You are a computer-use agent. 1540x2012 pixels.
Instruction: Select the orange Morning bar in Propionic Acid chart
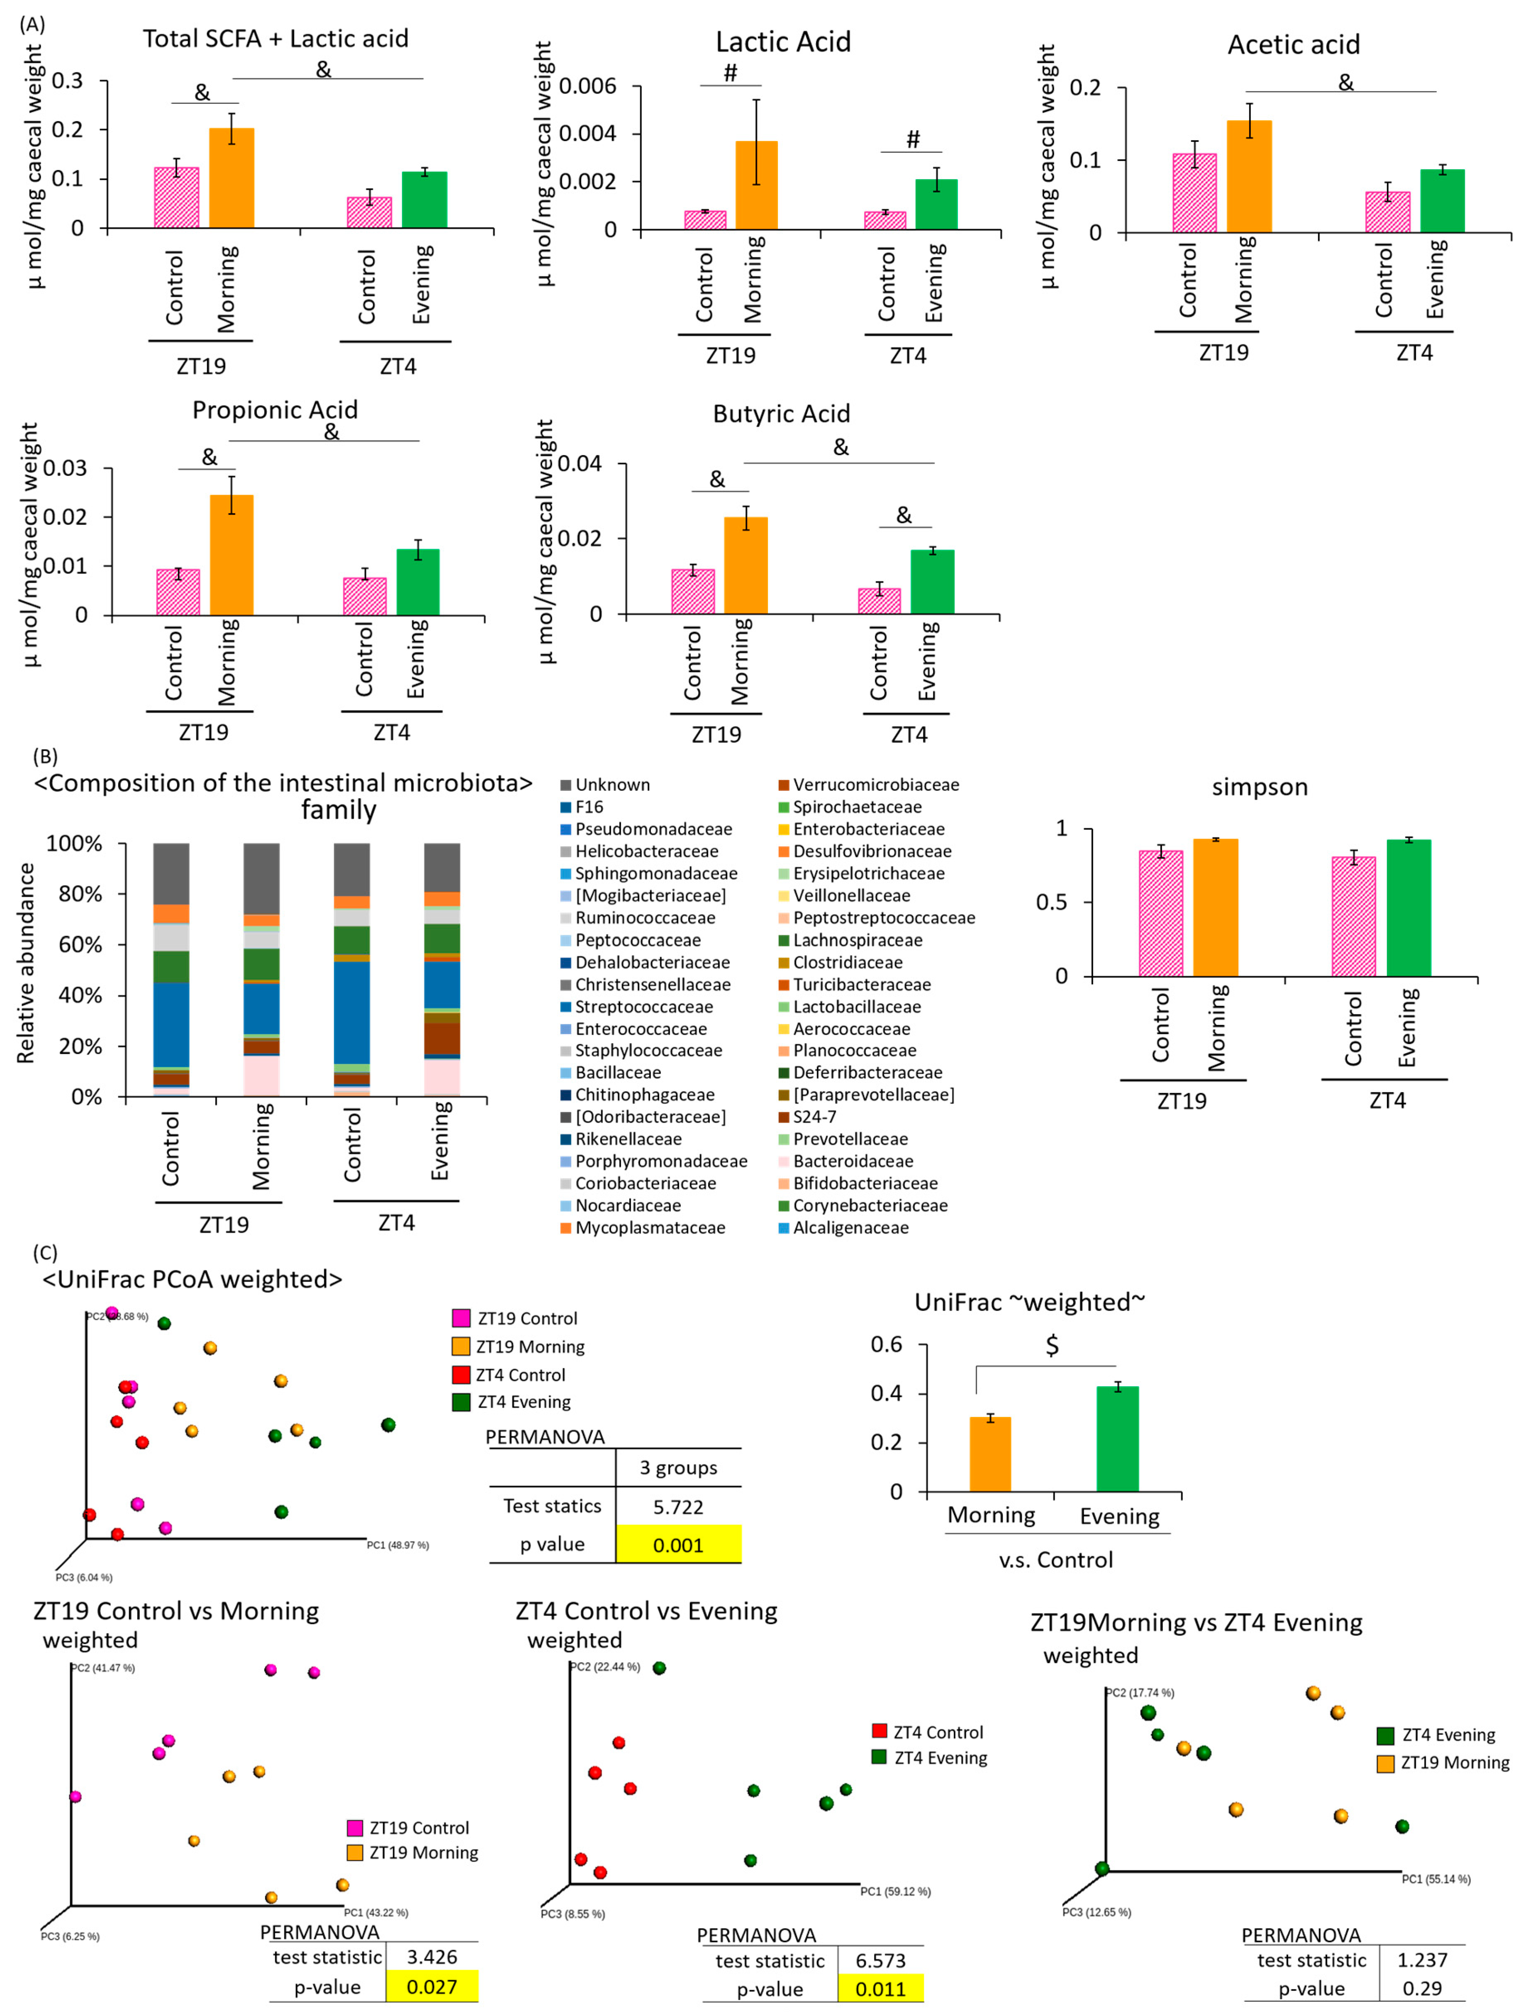[x=232, y=555]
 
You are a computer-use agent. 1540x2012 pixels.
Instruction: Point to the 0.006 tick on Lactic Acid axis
[x=587, y=86]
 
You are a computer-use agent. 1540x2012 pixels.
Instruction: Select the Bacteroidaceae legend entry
[x=853, y=1161]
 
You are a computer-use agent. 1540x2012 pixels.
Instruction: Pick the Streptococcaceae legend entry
[x=643, y=1007]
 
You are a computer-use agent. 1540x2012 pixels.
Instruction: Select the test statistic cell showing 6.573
[x=880, y=1961]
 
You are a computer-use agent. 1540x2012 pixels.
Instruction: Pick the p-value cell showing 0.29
[x=1422, y=1989]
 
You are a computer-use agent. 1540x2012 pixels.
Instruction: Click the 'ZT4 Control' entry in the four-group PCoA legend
[x=520, y=1375]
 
